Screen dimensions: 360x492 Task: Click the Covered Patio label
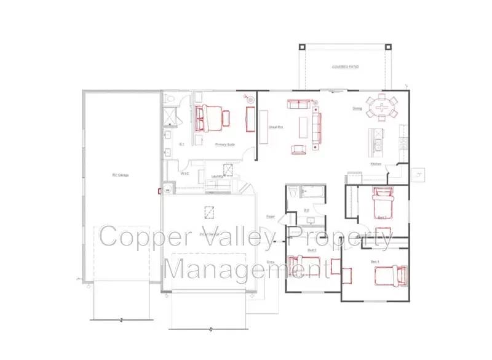coord(345,66)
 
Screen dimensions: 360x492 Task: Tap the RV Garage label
coord(120,175)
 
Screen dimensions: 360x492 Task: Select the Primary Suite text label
coord(224,145)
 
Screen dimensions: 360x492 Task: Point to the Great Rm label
coord(275,127)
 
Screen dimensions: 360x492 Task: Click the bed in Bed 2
coord(307,267)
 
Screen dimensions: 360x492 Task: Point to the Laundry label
coord(216,177)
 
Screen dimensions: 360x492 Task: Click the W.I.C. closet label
coord(184,174)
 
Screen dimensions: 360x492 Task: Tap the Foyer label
coord(270,217)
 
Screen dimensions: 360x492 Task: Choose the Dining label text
coord(357,109)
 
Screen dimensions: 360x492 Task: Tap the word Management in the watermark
coord(246,269)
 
